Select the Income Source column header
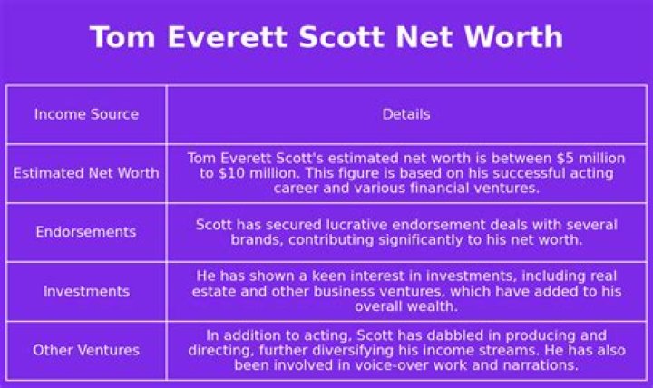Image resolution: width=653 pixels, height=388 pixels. coord(86,114)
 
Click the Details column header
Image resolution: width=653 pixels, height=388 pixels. coord(405,114)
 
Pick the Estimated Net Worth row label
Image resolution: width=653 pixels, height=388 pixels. coord(86,173)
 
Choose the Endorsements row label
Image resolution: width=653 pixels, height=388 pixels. coord(86,232)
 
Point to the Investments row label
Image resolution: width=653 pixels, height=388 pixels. coord(86,291)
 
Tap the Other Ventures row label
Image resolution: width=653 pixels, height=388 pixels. coord(86,350)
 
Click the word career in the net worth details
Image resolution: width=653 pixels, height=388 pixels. coord(297,189)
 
